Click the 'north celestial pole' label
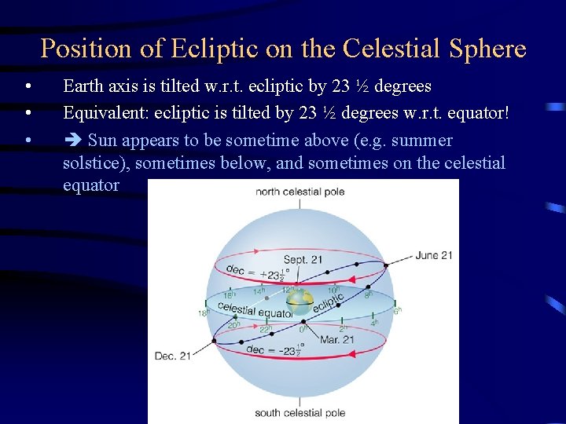tap(300, 192)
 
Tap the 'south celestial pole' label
tap(300, 412)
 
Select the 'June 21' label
tap(434, 255)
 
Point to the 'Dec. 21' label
tap(172, 356)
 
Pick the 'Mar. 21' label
tap(336, 340)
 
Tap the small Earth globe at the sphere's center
tap(300, 302)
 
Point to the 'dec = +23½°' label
tap(257, 271)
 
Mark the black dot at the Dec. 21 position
tap(214, 342)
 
